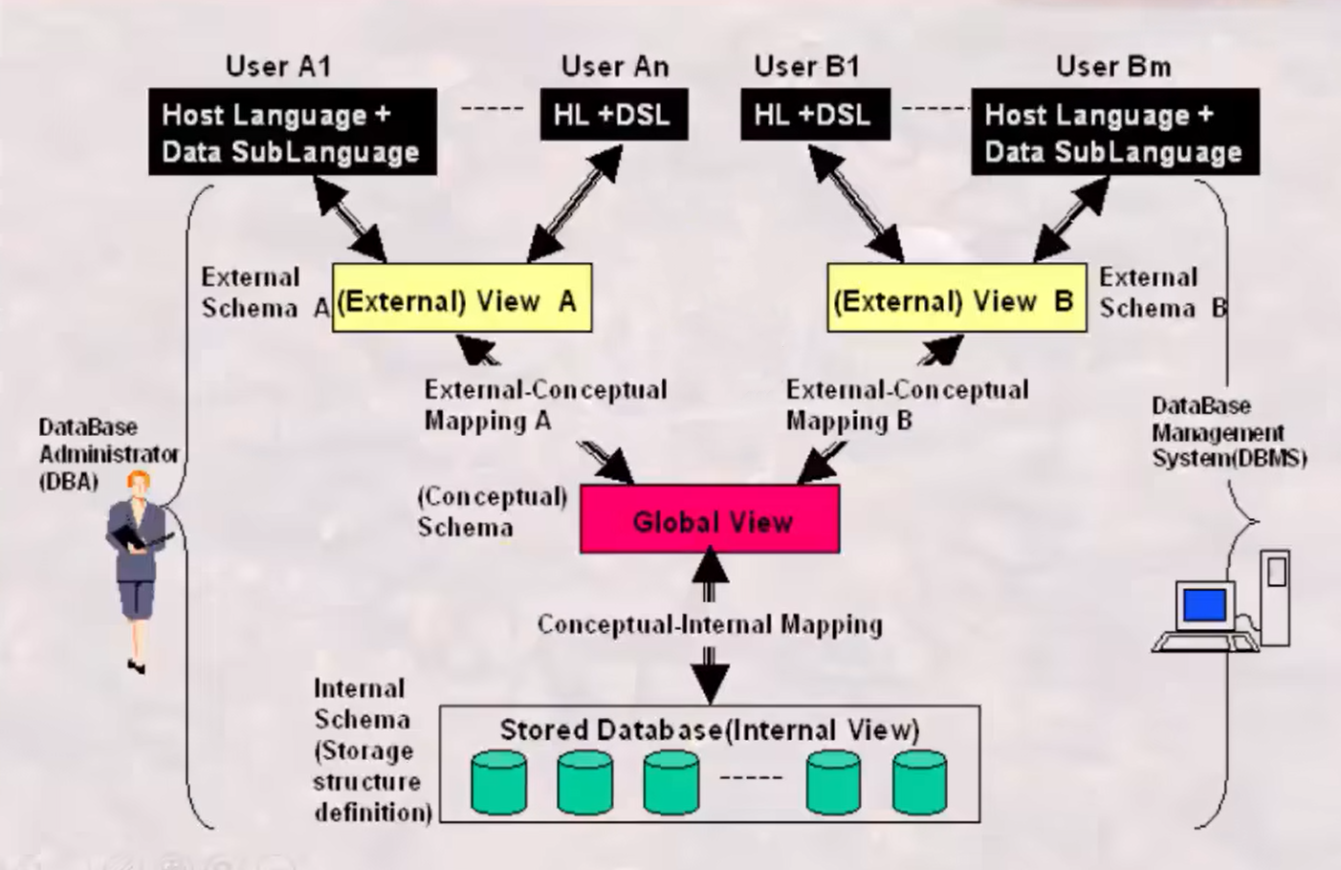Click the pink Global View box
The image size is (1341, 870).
(x=710, y=519)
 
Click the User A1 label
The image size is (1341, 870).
(x=278, y=66)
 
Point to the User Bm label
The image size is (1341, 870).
(x=1112, y=66)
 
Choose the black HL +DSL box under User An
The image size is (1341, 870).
(x=614, y=115)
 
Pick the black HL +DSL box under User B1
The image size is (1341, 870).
(x=815, y=115)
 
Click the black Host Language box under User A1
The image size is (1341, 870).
(x=293, y=132)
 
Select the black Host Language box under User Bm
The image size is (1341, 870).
(x=1115, y=132)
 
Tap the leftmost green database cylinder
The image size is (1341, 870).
(x=499, y=780)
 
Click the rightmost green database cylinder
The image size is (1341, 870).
(x=919, y=780)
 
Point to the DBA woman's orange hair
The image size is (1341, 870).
(x=140, y=480)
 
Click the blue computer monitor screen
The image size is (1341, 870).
(x=1204, y=605)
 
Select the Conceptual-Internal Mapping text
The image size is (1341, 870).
(x=709, y=624)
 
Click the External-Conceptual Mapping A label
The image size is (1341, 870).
(x=545, y=404)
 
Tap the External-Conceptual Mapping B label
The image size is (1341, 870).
(x=907, y=404)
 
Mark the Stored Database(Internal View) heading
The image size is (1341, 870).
(x=709, y=729)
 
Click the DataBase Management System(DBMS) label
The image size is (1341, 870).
(x=1228, y=432)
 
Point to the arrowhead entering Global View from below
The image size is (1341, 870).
(x=709, y=566)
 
